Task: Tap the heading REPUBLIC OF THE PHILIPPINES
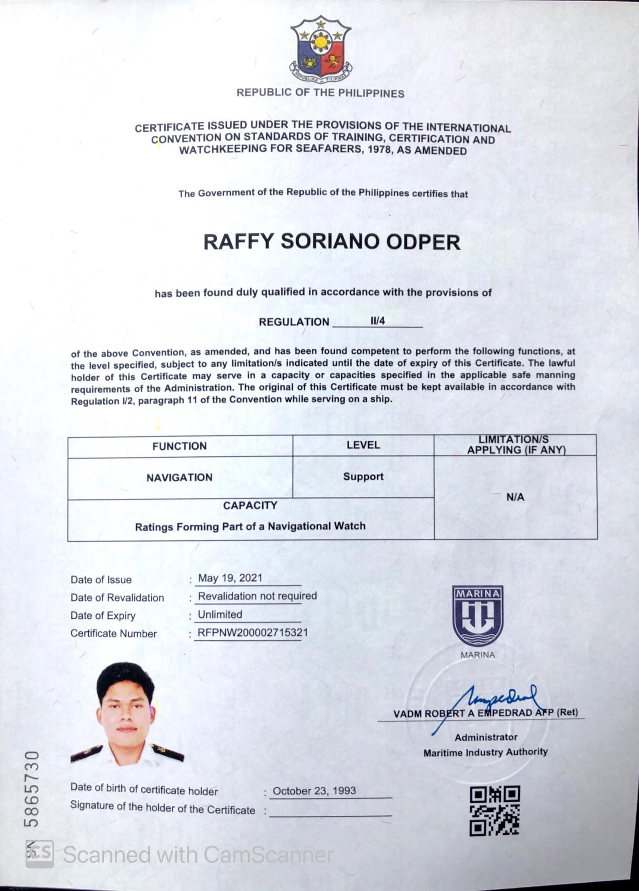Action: pos(320,93)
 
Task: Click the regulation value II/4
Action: pos(377,321)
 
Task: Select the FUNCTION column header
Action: pos(179,446)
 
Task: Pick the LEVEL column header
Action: pos(363,445)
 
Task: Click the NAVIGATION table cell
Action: pos(179,477)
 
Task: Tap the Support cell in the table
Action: pos(363,476)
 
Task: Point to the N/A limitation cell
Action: pos(515,497)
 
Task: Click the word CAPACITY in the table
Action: pos(250,505)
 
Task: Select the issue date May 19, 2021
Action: pos(230,578)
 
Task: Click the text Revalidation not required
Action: pos(257,596)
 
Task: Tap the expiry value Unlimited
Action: pos(220,614)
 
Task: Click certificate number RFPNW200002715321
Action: pos(253,632)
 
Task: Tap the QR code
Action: pos(495,810)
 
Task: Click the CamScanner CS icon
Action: pos(40,854)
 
